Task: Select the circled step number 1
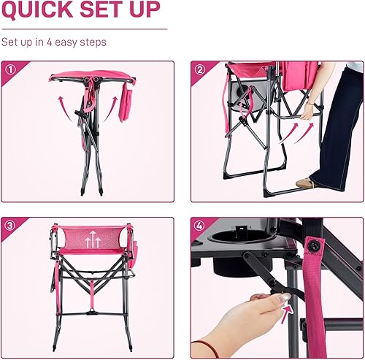pyautogui.click(x=10, y=72)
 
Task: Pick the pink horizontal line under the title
pyautogui.click(x=83, y=29)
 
